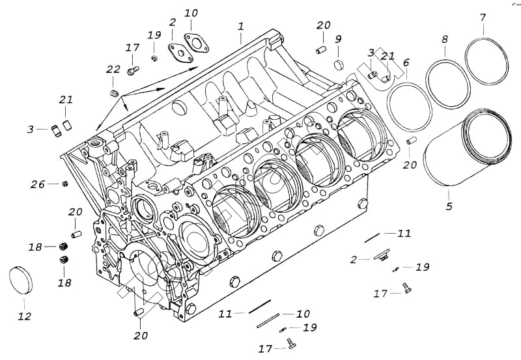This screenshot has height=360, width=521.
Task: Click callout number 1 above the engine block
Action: [x=240, y=27]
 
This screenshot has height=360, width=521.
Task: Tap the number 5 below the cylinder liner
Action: [x=449, y=208]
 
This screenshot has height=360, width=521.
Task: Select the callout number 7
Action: [x=483, y=17]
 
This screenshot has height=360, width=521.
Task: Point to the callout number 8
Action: [x=445, y=39]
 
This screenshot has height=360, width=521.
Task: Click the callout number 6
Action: [x=406, y=63]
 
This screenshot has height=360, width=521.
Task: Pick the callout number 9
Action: [x=339, y=39]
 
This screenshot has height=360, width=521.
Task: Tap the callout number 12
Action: [x=24, y=317]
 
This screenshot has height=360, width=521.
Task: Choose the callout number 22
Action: [x=113, y=70]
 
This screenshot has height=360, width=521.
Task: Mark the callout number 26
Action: [x=37, y=184]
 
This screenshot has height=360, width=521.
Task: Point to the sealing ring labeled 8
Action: [x=448, y=83]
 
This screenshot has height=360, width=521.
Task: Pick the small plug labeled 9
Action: [x=339, y=64]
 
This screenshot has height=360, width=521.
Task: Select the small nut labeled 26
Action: [x=65, y=184]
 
